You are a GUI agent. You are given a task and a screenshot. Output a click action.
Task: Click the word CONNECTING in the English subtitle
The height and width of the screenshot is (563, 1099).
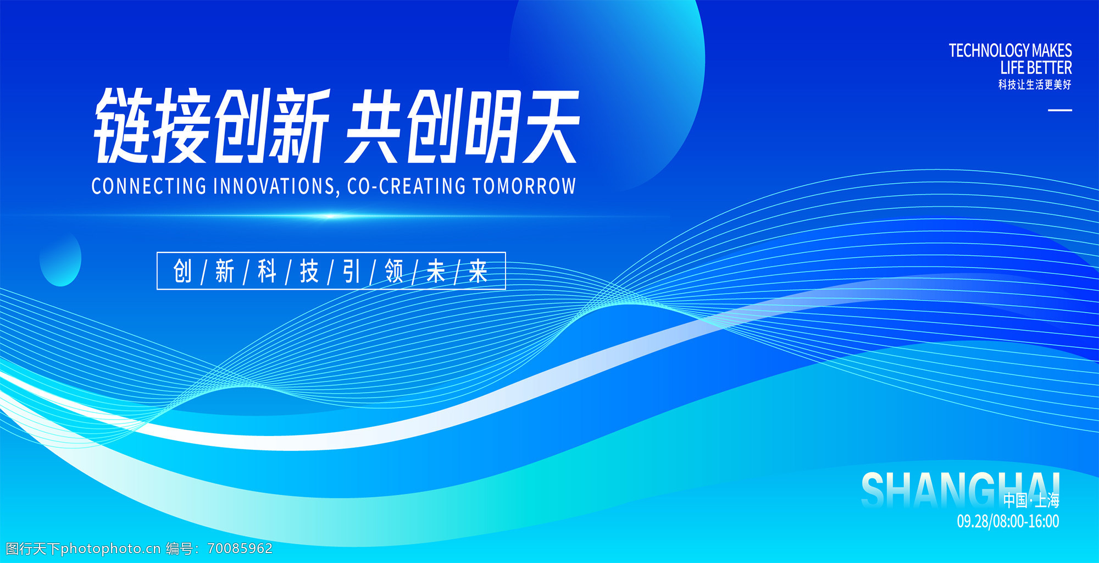[149, 186]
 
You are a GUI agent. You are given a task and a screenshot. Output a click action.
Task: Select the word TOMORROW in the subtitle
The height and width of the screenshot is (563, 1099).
[524, 186]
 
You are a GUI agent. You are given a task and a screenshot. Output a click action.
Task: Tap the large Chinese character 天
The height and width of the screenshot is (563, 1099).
[549, 126]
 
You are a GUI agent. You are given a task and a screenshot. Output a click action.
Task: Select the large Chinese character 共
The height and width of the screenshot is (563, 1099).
[374, 126]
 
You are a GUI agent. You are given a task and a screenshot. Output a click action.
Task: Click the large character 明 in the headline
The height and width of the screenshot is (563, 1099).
[491, 126]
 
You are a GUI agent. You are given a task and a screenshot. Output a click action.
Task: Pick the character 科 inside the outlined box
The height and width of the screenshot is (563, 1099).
[267, 271]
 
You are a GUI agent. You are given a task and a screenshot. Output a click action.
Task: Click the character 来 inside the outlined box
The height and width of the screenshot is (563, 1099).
[478, 271]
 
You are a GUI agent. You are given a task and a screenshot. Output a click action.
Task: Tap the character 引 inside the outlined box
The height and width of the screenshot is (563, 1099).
[352, 271]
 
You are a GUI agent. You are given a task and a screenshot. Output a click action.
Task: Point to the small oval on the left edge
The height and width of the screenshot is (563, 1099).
[60, 258]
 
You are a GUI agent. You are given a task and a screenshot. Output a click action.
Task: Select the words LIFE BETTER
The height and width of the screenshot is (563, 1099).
[1036, 68]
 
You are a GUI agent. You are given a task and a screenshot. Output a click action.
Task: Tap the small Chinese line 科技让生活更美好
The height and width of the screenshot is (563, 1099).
[1035, 84]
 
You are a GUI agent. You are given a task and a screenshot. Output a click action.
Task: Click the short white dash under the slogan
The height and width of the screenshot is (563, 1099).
[1060, 110]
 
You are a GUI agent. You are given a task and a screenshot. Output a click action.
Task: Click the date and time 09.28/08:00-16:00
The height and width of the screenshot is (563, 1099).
[1008, 521]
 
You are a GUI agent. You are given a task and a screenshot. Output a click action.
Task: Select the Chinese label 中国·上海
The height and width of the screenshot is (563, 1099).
[1031, 500]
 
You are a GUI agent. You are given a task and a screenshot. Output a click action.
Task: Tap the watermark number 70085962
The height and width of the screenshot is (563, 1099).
[240, 548]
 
